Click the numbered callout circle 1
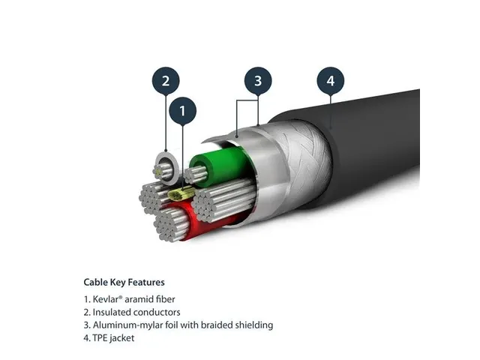182,112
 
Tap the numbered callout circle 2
166,80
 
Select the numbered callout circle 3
257,80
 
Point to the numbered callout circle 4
330,80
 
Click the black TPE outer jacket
375,142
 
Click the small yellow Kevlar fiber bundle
179,195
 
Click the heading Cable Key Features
124,283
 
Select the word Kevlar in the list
106,299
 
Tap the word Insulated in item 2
112,312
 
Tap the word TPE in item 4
100,338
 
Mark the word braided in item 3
217,325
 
